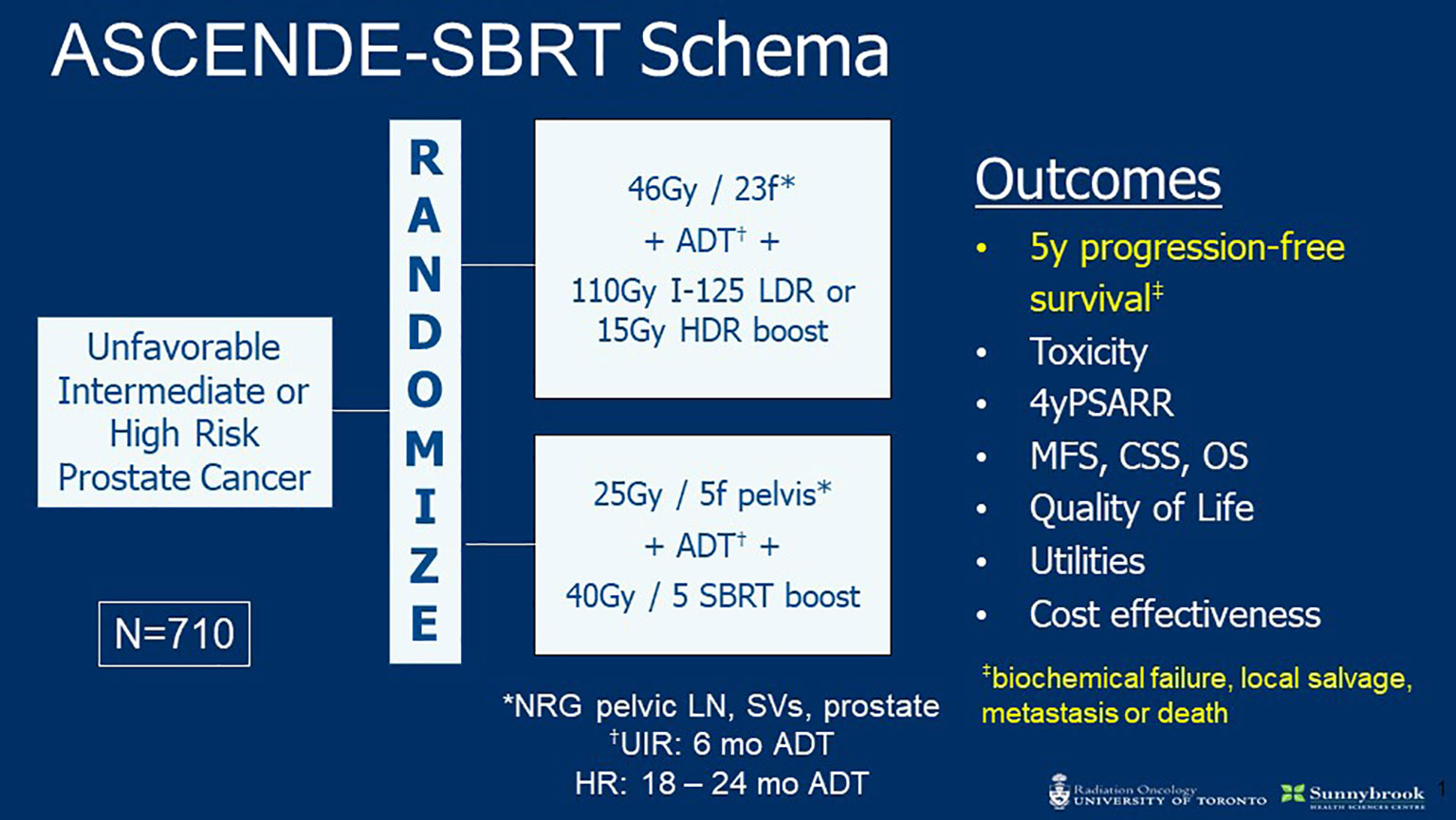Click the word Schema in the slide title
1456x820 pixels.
pyautogui.click(x=764, y=49)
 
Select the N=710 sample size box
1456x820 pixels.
pyautogui.click(x=175, y=634)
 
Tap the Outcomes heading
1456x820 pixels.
pyautogui.click(x=1097, y=180)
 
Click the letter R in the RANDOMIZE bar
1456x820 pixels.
pyautogui.click(x=426, y=158)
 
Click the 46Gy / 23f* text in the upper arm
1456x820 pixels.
pyautogui.click(x=711, y=189)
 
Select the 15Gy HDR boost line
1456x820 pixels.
pyautogui.click(x=712, y=331)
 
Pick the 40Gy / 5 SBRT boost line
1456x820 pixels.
pyautogui.click(x=712, y=596)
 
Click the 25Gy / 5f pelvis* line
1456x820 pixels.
pyautogui.click(x=712, y=494)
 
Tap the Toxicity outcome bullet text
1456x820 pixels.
pyautogui.click(x=1089, y=352)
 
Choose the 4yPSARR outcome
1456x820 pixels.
pyautogui.click(x=1102, y=403)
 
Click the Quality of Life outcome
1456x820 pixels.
pyautogui.click(x=1141, y=509)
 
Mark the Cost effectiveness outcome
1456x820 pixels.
pyautogui.click(x=1175, y=614)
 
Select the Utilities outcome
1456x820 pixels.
pyautogui.click(x=1087, y=561)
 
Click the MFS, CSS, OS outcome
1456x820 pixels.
pyautogui.click(x=1139, y=457)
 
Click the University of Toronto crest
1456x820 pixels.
pyautogui.click(x=1060, y=792)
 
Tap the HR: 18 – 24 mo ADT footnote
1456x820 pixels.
pyautogui.click(x=722, y=784)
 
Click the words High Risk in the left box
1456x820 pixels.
pyautogui.click(x=185, y=435)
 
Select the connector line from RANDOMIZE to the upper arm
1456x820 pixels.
pyautogui.click(x=498, y=266)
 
